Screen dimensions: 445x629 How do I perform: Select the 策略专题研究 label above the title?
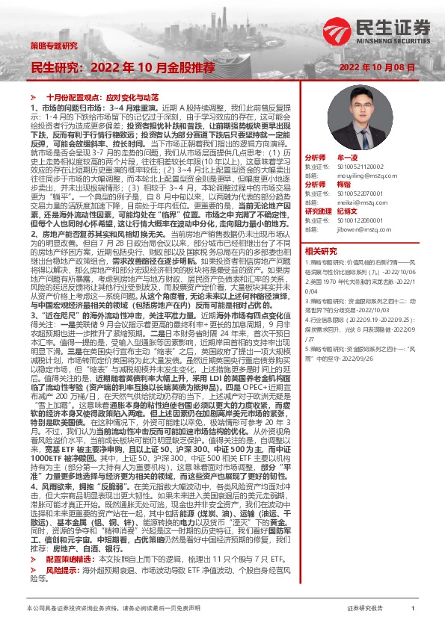pyautogui.click(x=54, y=46)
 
